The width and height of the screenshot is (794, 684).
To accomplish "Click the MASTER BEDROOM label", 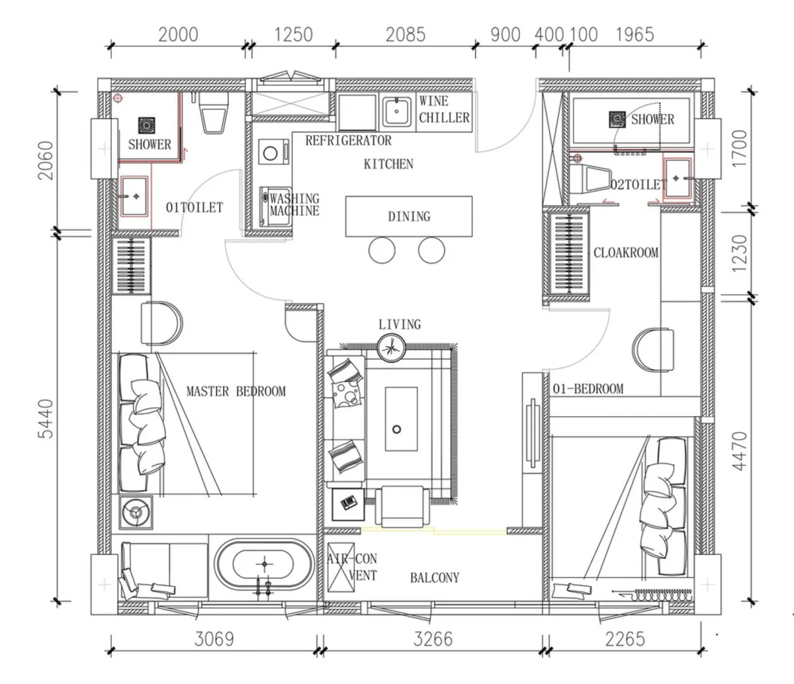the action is [236, 392].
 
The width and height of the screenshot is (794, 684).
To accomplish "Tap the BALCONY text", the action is [435, 577].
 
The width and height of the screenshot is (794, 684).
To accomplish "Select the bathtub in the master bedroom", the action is [264, 564].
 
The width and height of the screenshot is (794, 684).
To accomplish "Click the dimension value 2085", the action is [405, 34].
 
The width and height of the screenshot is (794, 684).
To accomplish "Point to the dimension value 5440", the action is [46, 419].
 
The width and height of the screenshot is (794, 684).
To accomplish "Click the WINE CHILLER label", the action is [444, 109].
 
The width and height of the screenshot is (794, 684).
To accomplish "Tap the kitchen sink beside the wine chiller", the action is [397, 111].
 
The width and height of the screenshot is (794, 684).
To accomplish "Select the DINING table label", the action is [409, 216].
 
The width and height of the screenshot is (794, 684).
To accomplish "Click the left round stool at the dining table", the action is [382, 250].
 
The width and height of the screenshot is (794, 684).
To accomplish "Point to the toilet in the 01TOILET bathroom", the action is [213, 112].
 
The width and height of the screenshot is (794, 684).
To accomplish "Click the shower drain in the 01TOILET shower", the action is [146, 125].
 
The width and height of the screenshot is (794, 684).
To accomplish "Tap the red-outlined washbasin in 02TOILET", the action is [677, 178].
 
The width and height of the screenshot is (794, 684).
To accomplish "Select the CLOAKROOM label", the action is [626, 253].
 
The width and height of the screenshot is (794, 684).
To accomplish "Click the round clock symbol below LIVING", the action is [392, 347].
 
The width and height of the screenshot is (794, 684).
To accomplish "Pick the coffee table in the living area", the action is [402, 419].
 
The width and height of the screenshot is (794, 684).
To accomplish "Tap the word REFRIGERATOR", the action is [349, 140].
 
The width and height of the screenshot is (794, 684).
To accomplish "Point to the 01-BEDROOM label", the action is [588, 389].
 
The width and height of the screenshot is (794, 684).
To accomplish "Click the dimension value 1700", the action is [740, 148].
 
